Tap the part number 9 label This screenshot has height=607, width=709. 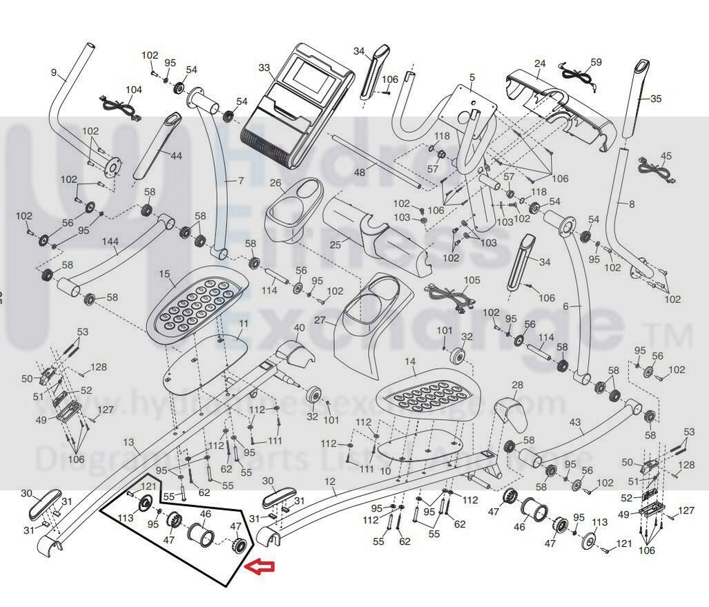[x=53, y=72]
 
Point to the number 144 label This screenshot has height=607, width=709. [x=110, y=242]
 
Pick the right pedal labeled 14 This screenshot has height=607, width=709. [x=428, y=396]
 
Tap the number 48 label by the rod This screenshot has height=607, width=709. [x=360, y=172]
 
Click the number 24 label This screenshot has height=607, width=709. [x=540, y=64]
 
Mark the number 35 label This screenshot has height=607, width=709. [x=656, y=99]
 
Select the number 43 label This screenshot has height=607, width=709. [x=574, y=422]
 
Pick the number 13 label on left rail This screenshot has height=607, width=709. [x=128, y=441]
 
